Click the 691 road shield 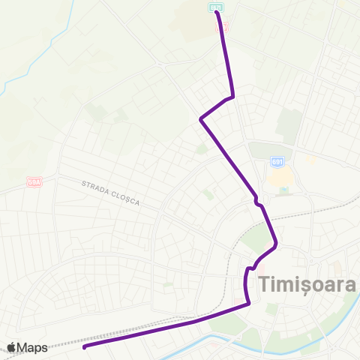click(277, 161)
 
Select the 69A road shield click(34, 181)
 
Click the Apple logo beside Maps click(12, 347)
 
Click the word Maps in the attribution click(34, 347)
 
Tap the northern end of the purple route click(216, 12)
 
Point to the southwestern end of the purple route click(84, 346)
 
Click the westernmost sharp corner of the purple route click(200, 118)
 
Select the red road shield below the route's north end click(221, 25)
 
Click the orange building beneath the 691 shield click(279, 178)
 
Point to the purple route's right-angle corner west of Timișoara click(248, 268)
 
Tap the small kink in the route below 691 click(257, 201)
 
